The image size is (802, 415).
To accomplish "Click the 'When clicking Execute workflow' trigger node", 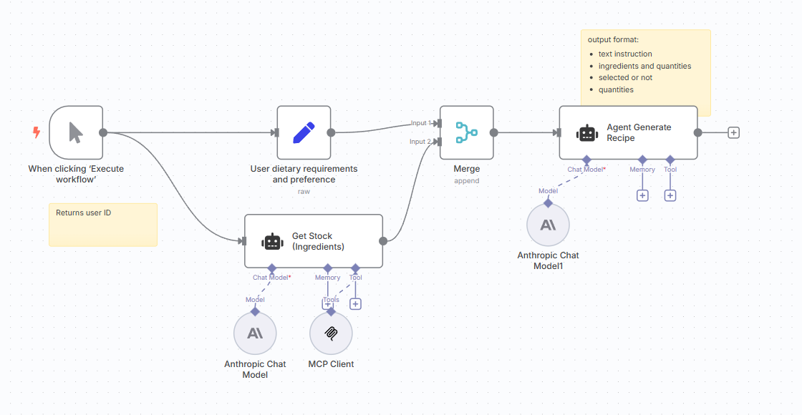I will (x=76, y=132).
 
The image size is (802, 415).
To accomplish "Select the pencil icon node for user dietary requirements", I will (x=304, y=132).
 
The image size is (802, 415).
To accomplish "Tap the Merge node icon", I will (x=466, y=132).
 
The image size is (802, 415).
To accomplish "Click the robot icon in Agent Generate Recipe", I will (x=587, y=133).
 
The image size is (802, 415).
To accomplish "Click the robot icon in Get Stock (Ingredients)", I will (x=272, y=242).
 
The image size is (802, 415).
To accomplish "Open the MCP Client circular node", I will (x=331, y=333).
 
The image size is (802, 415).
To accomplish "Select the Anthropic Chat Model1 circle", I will (x=548, y=225).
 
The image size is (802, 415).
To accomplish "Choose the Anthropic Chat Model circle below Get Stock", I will (x=255, y=333).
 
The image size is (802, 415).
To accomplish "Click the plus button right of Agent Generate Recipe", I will (x=733, y=132).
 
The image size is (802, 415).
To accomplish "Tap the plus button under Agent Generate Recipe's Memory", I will (x=642, y=195).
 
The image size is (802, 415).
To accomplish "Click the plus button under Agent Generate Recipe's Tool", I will (x=670, y=195).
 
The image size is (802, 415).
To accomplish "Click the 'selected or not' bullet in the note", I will (x=625, y=77).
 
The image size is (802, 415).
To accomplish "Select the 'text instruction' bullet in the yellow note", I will (x=625, y=54).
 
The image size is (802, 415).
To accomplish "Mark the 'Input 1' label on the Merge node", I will (x=421, y=123).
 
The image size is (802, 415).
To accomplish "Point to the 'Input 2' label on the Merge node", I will (x=421, y=142).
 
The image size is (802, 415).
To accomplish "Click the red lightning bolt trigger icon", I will (x=37, y=132).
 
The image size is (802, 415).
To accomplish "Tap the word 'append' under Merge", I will (x=466, y=181).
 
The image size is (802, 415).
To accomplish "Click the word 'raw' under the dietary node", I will (x=304, y=192).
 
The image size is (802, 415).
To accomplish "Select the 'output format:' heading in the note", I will (x=613, y=39).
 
